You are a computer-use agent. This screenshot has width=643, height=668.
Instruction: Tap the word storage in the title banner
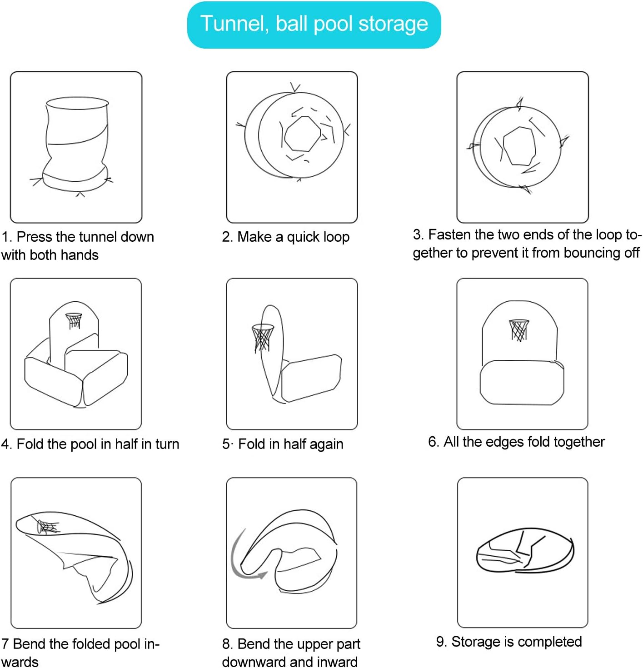[x=393, y=25]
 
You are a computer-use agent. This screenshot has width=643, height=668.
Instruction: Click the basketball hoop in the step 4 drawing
[x=74, y=320]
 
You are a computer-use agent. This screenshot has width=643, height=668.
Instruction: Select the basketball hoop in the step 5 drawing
[x=263, y=338]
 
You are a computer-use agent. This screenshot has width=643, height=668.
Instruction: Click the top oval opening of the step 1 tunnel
[x=77, y=103]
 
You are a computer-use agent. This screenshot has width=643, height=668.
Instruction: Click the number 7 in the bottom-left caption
[x=5, y=643]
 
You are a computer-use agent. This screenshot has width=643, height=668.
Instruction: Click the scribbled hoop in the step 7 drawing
[x=47, y=526]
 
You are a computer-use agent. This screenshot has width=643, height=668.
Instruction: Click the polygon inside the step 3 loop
[x=519, y=146]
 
